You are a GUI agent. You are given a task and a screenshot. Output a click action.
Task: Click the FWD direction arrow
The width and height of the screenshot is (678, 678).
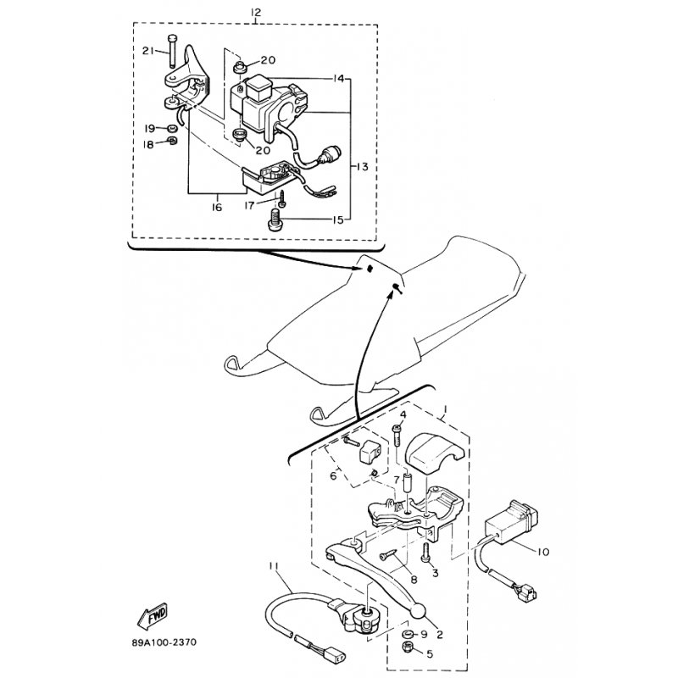tap(153, 616)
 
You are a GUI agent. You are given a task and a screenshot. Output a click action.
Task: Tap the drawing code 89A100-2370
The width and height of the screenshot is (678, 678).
tap(164, 642)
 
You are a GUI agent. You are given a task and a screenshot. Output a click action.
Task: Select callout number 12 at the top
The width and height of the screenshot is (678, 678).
tap(256, 13)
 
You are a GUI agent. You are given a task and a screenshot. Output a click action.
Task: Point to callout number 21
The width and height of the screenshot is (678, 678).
tap(148, 51)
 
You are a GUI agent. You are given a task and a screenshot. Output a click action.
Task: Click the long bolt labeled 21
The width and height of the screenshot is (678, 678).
tap(173, 51)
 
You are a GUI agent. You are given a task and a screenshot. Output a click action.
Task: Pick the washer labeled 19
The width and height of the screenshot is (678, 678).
tap(172, 129)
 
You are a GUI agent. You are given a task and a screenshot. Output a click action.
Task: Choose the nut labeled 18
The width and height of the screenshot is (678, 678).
tap(172, 141)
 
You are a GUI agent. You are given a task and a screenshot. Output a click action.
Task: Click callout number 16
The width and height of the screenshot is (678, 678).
tap(217, 207)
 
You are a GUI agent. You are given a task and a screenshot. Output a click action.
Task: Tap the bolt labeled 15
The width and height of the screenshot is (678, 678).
tap(274, 220)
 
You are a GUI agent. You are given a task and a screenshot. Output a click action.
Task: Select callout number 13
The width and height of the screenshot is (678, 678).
tap(363, 166)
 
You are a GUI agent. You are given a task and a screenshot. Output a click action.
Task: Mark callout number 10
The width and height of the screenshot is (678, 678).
tap(543, 552)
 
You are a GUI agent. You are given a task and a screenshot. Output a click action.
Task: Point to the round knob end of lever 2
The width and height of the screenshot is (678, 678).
tap(419, 610)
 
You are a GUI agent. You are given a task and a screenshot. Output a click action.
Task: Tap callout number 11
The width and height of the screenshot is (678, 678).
tap(273, 565)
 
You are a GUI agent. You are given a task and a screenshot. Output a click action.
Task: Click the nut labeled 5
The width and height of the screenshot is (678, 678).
tap(407, 647)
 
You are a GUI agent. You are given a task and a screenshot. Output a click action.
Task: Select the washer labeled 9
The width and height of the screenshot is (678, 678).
tap(407, 634)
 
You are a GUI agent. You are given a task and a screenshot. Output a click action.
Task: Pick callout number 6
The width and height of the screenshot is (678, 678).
tap(333, 475)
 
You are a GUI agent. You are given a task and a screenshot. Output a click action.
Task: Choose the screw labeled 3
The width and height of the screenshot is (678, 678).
tap(425, 553)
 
